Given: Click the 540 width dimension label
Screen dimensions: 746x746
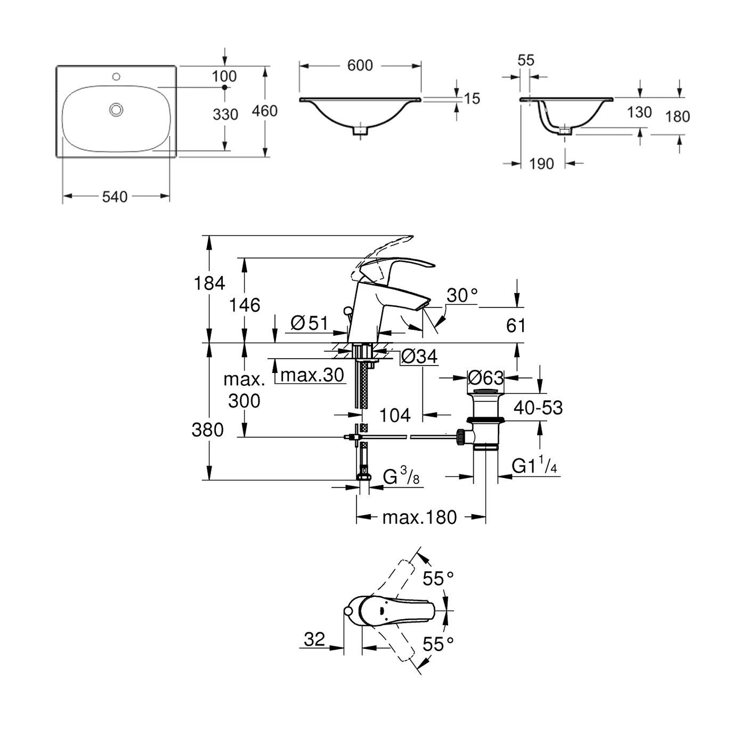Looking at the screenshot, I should (x=115, y=197).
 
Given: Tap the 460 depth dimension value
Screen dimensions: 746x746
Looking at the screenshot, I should (x=265, y=111).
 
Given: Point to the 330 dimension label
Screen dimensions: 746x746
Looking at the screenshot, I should (x=225, y=114).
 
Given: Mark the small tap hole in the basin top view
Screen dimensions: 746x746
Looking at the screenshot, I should (x=116, y=77).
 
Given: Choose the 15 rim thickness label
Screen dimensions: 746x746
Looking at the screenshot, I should (x=472, y=98).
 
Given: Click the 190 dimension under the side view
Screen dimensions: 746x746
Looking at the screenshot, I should (x=542, y=164).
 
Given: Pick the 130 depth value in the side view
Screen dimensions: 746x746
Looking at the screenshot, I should (x=639, y=112).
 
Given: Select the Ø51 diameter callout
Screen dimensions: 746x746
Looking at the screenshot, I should (x=309, y=323).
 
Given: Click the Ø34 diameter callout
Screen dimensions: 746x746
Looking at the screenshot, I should (x=419, y=356).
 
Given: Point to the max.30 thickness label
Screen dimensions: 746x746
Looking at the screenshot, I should (x=312, y=375).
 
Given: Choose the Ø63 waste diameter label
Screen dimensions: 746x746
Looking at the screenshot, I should (x=485, y=378).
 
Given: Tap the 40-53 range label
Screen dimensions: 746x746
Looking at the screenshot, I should (x=538, y=408).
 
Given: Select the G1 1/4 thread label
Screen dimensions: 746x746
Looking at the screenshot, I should (x=534, y=466).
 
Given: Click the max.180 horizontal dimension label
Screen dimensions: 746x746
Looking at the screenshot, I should (x=419, y=517).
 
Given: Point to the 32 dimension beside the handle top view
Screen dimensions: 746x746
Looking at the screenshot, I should (x=314, y=638).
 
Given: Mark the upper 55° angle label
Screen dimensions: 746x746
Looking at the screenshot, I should (x=438, y=578).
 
